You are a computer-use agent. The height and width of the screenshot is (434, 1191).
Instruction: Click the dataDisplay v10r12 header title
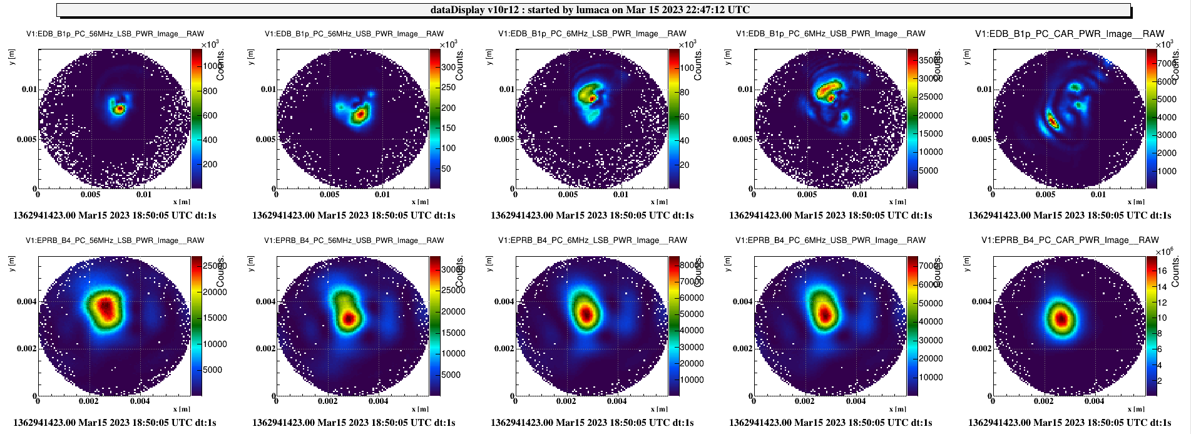click(590, 10)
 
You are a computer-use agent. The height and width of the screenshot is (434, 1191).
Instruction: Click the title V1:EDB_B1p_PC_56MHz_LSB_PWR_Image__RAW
click(115, 34)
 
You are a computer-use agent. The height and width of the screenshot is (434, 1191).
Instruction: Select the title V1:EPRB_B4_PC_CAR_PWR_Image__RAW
click(1070, 240)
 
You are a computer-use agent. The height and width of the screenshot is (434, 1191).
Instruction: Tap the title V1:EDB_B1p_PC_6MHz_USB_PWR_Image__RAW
click(831, 34)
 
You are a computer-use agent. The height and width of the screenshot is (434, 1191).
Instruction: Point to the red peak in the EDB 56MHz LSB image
click(119, 109)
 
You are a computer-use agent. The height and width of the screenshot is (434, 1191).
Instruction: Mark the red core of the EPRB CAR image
click(1061, 319)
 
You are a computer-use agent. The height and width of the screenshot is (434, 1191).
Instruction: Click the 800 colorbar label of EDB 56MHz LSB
click(210, 91)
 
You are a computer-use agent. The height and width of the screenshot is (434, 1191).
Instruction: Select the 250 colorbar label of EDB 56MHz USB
click(449, 88)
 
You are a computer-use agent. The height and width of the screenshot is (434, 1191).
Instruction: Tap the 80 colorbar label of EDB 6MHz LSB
click(685, 92)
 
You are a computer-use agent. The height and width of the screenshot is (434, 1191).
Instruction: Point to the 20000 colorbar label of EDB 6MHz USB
click(931, 115)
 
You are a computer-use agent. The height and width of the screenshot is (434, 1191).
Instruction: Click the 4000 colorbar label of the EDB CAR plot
click(1167, 117)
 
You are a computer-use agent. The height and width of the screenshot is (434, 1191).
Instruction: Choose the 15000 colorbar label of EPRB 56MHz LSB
click(215, 318)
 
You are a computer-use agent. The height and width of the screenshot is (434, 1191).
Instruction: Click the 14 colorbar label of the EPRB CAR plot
click(1163, 287)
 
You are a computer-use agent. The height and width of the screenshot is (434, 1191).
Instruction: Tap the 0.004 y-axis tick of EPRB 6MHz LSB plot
click(504, 302)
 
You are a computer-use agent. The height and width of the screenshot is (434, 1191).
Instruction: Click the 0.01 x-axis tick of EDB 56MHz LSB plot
click(144, 195)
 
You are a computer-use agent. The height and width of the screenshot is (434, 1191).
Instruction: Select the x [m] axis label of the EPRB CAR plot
click(1137, 409)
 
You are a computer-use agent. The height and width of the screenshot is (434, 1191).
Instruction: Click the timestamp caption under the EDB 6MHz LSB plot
click(592, 215)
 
